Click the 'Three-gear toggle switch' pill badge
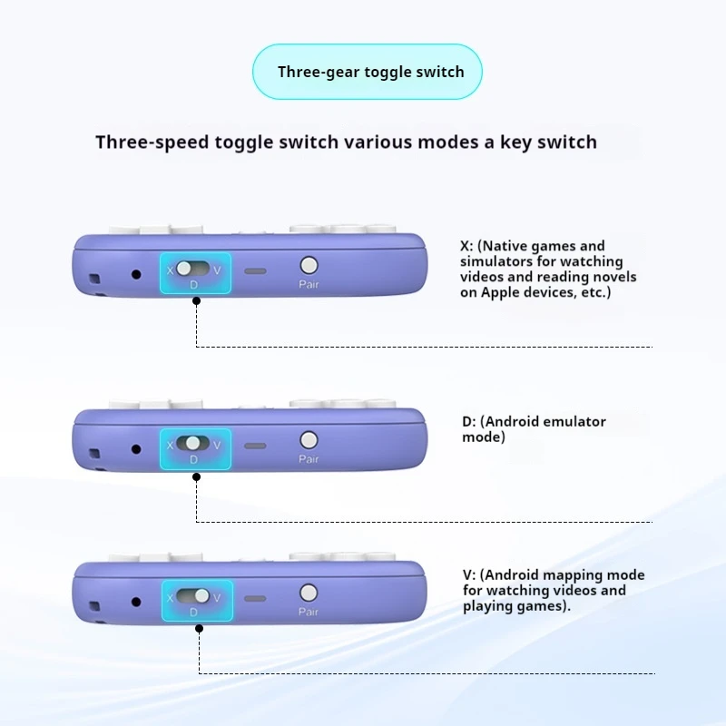point(367,72)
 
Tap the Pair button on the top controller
point(309,265)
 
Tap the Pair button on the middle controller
point(309,440)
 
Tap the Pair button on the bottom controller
point(309,593)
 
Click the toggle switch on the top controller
point(193,269)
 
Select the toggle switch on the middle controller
point(193,444)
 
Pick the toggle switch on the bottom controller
point(193,596)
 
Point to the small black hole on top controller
point(136,274)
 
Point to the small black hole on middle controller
point(136,449)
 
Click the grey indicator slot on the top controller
point(255,271)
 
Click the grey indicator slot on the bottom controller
point(255,599)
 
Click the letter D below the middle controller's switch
point(193,459)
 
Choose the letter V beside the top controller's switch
point(217,269)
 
